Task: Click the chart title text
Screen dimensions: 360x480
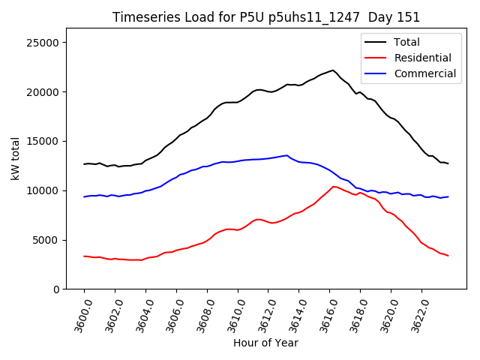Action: tap(266, 17)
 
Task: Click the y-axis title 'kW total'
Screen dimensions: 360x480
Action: tap(16, 159)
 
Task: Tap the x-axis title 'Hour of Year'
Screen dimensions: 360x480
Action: tap(265, 343)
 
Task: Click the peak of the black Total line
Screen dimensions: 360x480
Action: tap(332, 70)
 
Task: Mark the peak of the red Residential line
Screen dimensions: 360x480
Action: tap(333, 187)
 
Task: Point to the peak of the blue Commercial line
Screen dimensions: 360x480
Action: tap(287, 155)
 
